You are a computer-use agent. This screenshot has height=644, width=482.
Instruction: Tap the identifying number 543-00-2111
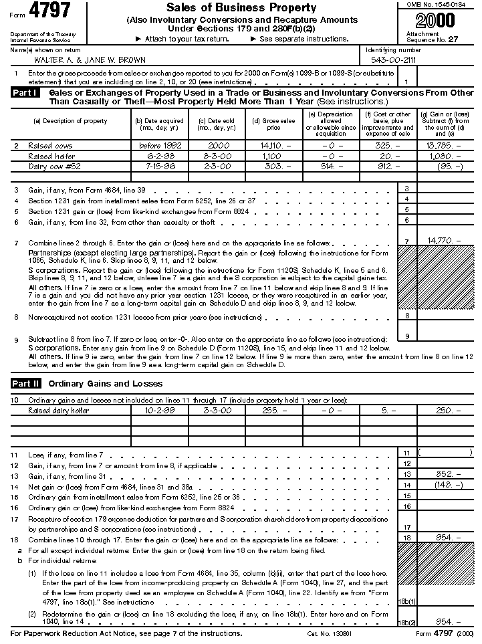coord(393,60)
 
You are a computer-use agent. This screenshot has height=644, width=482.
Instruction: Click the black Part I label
coord(25,93)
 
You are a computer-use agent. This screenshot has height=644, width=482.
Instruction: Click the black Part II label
coord(26,383)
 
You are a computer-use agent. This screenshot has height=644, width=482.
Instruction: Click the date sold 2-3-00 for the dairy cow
coord(216,167)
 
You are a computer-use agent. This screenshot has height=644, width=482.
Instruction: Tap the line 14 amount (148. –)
coord(445,484)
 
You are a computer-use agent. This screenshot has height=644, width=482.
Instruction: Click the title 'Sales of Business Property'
coord(241,8)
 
